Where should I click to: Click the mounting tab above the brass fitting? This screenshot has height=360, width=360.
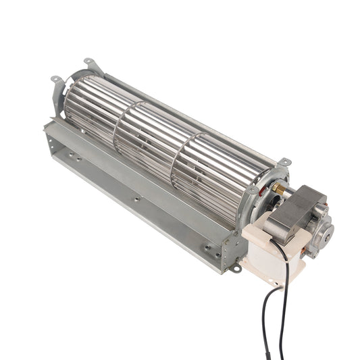[x=284, y=163]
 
